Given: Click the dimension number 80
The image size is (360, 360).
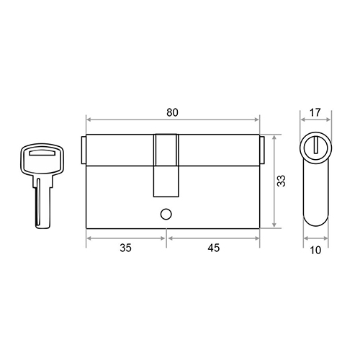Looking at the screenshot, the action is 172,112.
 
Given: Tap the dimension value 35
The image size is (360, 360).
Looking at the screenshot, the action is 125,248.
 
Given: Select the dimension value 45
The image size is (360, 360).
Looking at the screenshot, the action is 214,248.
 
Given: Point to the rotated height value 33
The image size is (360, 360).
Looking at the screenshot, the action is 282,181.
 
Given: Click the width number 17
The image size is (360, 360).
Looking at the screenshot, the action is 315,112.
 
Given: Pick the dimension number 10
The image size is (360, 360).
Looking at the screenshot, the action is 315,251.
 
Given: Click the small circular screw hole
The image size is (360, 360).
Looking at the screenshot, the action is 166,215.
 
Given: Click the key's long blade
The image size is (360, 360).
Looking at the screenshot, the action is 43,204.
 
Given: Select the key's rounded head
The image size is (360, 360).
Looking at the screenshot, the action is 42,158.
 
